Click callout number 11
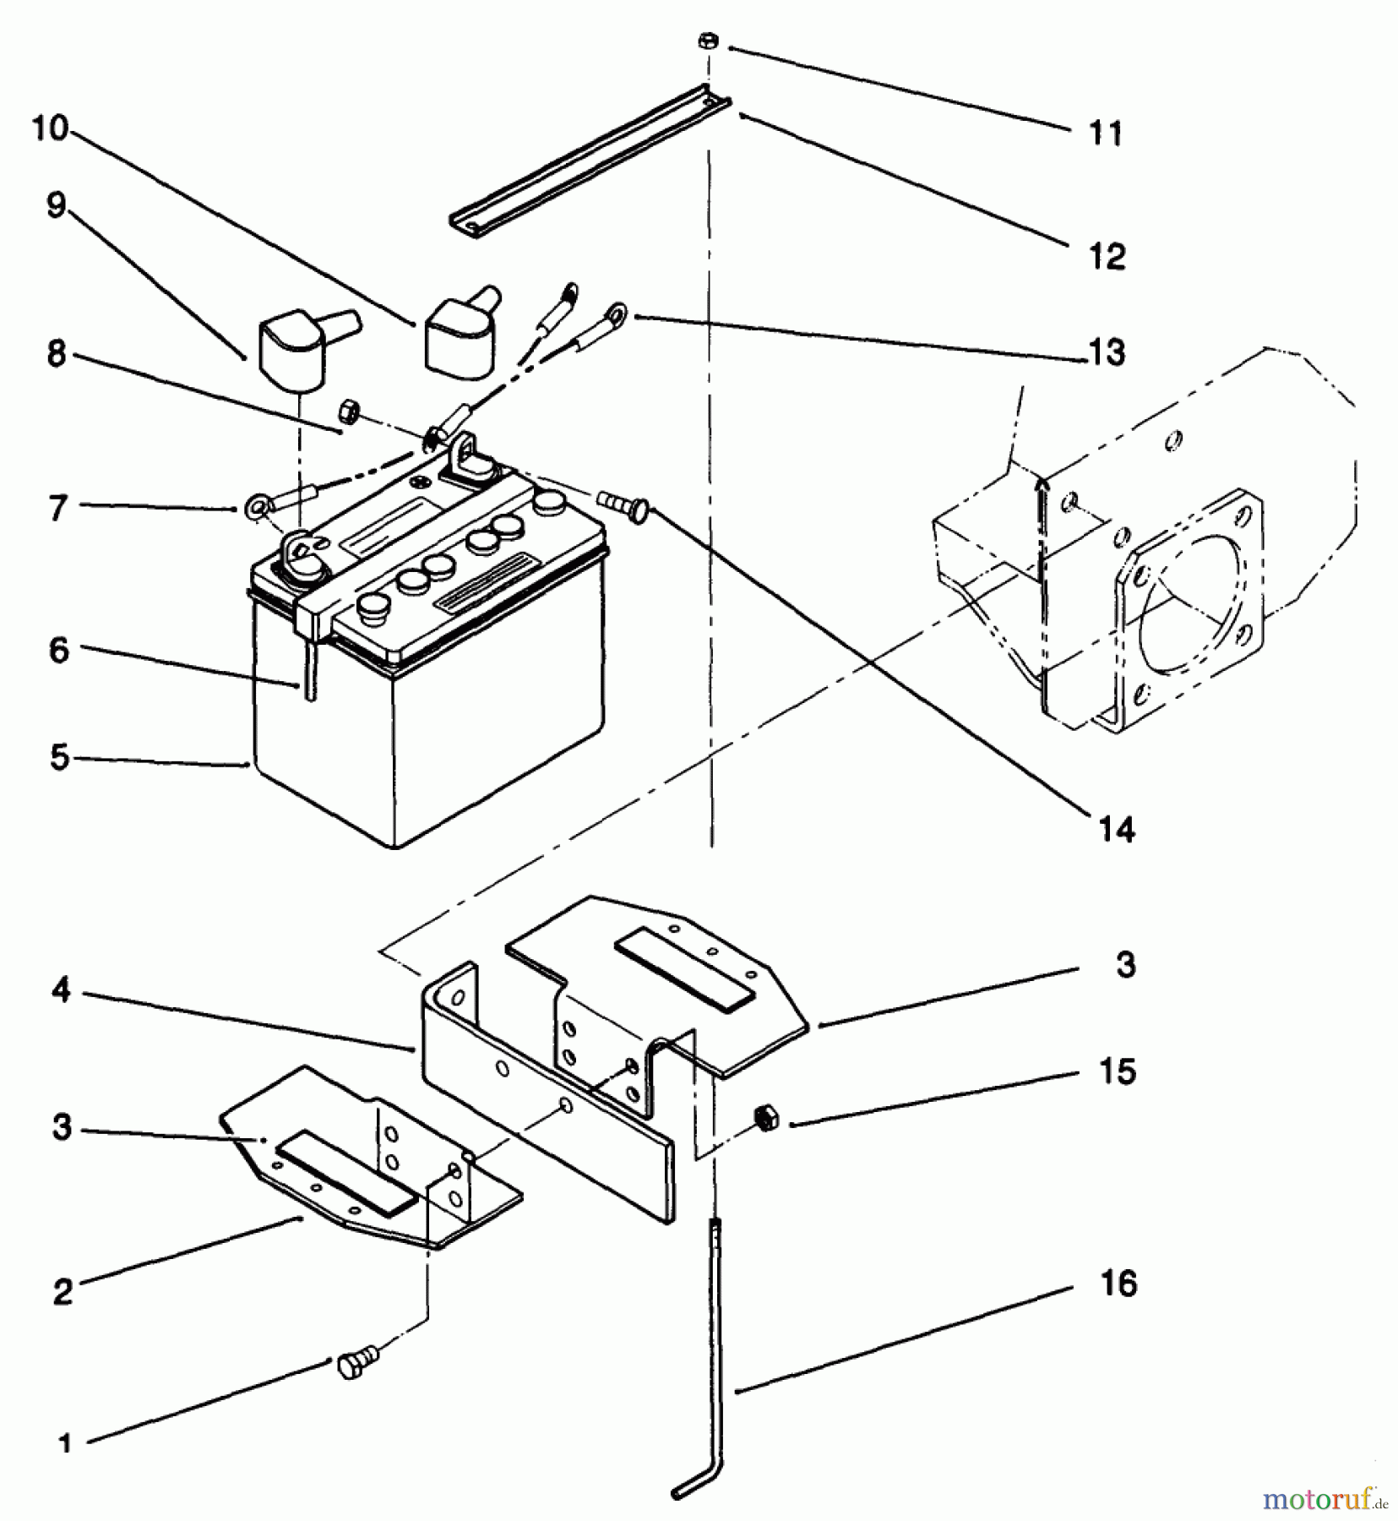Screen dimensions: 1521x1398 [1106, 133]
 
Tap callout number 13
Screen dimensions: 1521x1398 [1107, 352]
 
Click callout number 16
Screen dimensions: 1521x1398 [1118, 1283]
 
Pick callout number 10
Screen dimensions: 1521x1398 [50, 128]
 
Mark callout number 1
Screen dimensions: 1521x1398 [65, 1442]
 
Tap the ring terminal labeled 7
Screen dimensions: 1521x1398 [255, 508]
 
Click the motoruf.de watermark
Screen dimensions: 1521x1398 [1325, 1499]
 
